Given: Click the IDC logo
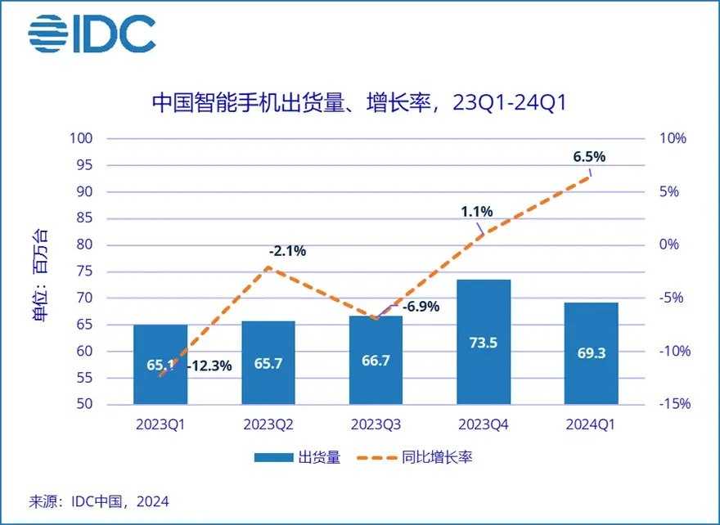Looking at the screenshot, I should pos(92,34).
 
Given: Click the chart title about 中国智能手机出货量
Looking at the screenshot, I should pos(360,103).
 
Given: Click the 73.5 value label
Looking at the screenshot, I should pos(483,343).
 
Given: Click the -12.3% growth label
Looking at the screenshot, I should pos(209,366).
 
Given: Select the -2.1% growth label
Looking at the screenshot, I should pos(286,251).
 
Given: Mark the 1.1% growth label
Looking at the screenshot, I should pos(477,212).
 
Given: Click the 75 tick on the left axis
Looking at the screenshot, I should pos(106,271).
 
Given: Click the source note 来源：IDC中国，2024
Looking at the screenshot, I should pos(99,500).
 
